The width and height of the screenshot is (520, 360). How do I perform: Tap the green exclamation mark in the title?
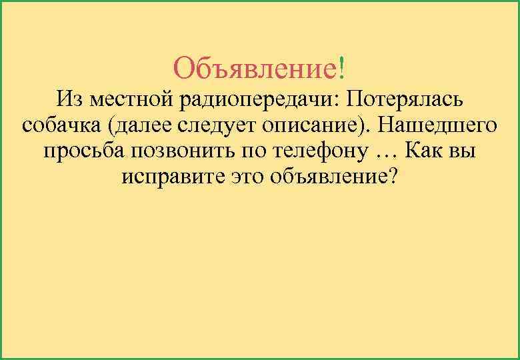(x=342, y=67)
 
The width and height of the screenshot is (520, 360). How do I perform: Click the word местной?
(x=131, y=100)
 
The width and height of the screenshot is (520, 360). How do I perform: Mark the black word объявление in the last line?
(x=325, y=177)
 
